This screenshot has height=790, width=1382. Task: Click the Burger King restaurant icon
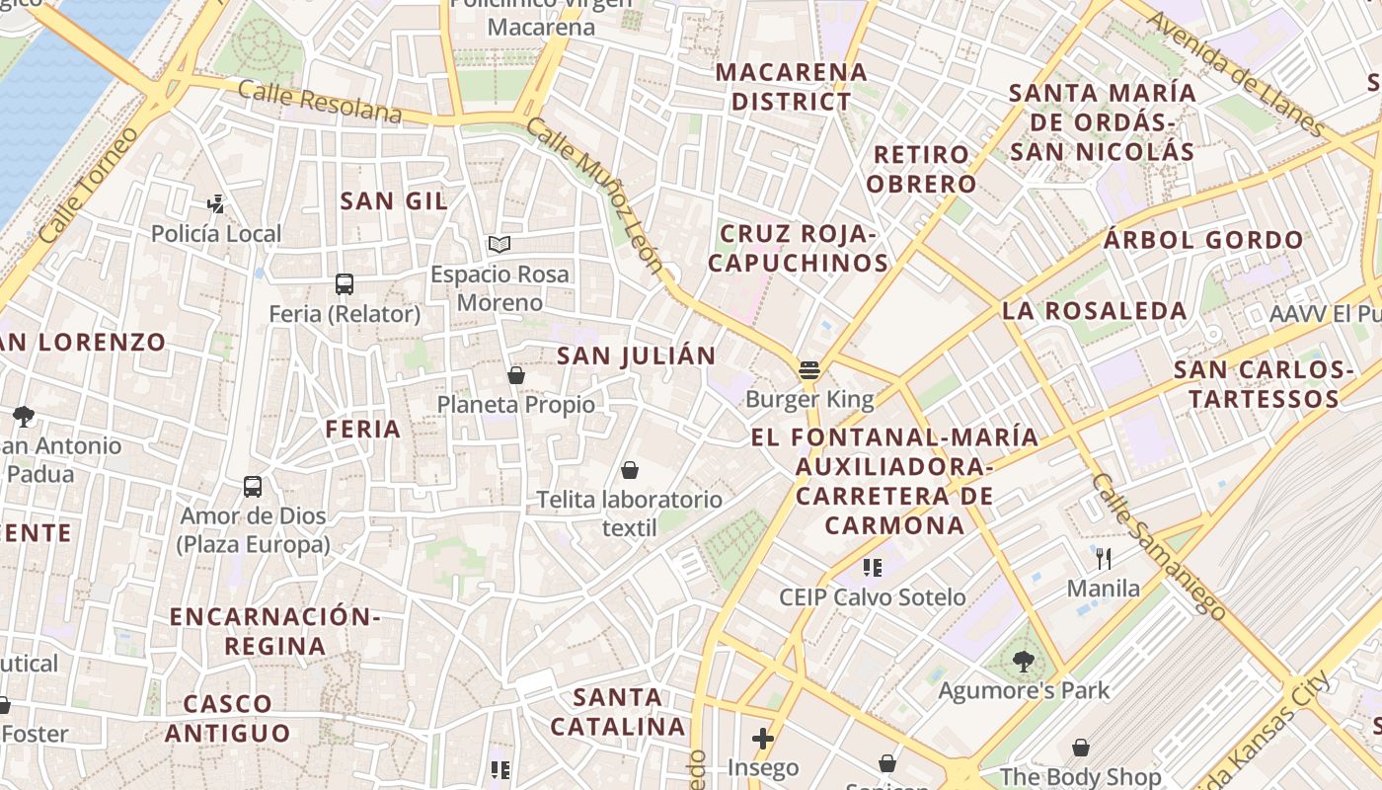tap(809, 370)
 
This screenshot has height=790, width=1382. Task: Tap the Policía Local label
tap(216, 234)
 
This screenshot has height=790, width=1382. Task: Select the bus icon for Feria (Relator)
tap(345, 284)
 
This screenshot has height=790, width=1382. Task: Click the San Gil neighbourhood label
tap(394, 201)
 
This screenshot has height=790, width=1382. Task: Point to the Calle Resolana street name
tap(320, 103)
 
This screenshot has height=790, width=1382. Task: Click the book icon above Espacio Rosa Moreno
tap(499, 244)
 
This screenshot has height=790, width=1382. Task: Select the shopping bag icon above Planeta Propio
tap(515, 375)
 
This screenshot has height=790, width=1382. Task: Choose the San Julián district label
tap(637, 355)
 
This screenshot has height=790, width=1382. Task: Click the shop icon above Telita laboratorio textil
tap(630, 470)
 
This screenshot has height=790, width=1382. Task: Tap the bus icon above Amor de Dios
tap(253, 487)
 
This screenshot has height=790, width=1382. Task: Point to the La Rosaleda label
tap(1095, 311)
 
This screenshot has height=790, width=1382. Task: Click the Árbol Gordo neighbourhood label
tap(1203, 240)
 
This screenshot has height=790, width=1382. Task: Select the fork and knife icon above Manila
tap(1104, 559)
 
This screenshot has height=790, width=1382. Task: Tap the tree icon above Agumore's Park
tap(1024, 662)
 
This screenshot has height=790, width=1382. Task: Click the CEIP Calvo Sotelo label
tap(873, 597)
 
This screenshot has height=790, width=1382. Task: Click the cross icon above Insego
tap(762, 738)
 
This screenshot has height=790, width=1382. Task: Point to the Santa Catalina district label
tap(618, 712)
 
